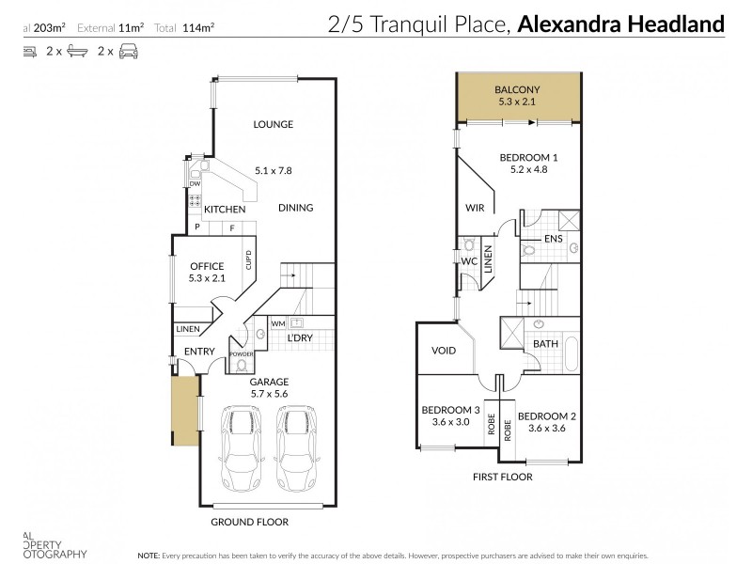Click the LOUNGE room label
point(274,124)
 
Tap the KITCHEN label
point(226,209)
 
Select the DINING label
point(295,208)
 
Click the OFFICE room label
point(207,267)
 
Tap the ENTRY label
point(199,352)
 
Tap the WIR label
point(476,208)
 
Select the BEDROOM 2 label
point(546,415)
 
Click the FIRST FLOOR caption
point(504,477)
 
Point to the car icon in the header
point(129,55)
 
